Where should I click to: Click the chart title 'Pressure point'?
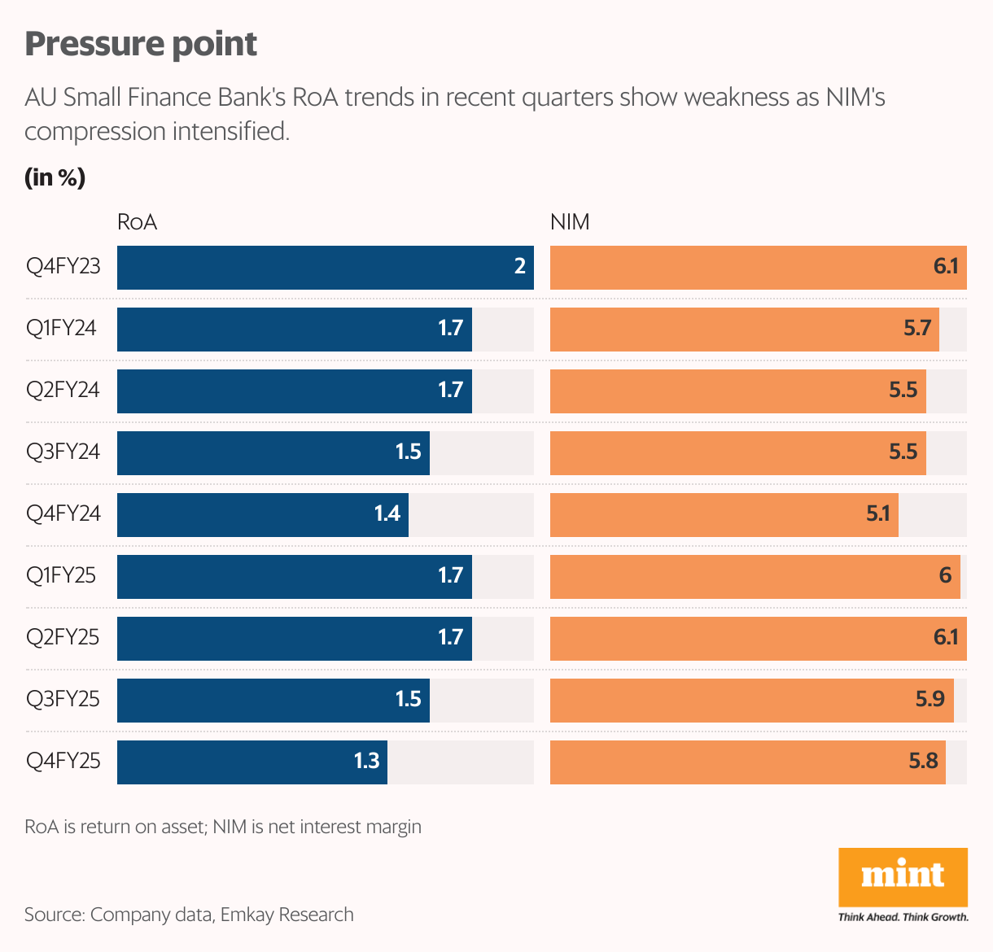(141, 44)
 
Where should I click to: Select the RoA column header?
(137, 222)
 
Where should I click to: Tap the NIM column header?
(570, 222)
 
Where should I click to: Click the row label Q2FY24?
(63, 390)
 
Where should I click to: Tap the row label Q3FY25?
(63, 699)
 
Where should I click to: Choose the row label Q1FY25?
(61, 575)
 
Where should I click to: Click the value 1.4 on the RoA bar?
(387, 513)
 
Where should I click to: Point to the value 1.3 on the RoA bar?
(366, 761)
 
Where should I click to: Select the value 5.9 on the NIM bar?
(930, 699)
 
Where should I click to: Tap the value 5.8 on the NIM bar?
(924, 761)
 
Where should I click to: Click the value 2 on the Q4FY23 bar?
(520, 266)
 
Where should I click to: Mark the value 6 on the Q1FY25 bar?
(945, 575)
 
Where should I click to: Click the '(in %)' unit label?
(55, 177)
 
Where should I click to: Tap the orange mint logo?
(903, 877)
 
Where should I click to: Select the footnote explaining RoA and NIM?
(223, 827)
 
